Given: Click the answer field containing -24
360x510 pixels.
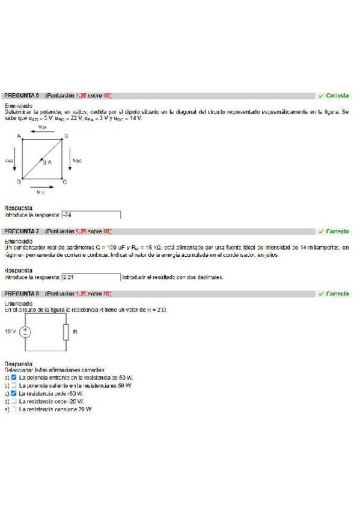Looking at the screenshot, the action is coord(91,215).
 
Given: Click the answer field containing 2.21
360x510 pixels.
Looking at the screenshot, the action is coord(91,277).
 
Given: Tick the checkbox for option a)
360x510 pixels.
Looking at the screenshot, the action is coord(14,378).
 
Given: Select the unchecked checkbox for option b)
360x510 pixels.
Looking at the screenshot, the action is coord(14,386).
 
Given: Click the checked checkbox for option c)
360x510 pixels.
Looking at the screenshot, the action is coord(14,393).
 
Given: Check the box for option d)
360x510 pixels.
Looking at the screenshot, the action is coord(14,401).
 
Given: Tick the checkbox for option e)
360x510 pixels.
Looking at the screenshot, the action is coord(14,409).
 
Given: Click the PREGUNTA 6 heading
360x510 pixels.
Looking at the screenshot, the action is coord(22,96).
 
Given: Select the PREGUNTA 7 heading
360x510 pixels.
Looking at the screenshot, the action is coord(22,232).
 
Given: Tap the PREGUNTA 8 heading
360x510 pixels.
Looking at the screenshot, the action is coord(22,293).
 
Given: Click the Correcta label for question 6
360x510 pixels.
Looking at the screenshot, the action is coord(334,96).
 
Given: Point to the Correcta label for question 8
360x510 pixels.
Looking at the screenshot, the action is coord(334,293).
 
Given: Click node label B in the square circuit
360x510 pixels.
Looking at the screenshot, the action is coord(66,137).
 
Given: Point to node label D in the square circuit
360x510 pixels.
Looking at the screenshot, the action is coord(19,181).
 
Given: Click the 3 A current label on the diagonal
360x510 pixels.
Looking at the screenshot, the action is coord(46,162).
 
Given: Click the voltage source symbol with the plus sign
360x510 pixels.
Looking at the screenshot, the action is coord(25,331).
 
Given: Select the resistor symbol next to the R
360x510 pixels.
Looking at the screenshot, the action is coord(65,331).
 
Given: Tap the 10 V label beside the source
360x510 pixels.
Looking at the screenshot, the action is coord(10,331).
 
